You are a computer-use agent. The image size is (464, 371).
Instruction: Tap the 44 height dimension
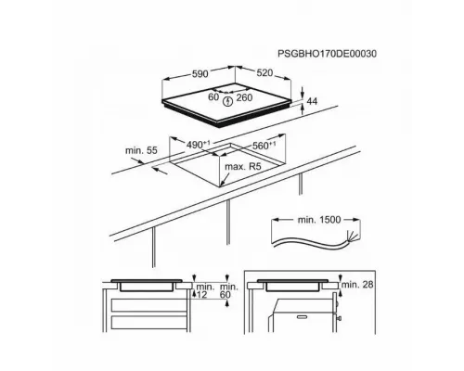coord(313,100)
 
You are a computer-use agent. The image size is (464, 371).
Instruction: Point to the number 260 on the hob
coord(246,96)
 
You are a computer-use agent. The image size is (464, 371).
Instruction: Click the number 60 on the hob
coord(213,96)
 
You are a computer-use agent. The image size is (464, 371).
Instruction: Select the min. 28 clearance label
coord(358,282)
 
